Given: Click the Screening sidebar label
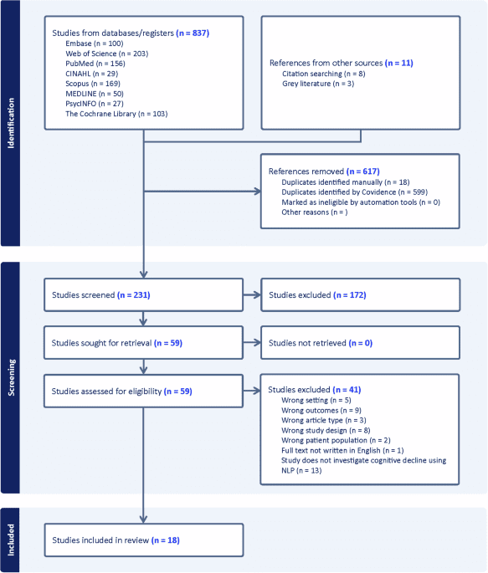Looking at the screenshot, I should pos(11,377).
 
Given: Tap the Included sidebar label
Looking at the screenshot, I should pos(11,540).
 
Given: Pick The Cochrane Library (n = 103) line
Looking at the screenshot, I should pos(116,113).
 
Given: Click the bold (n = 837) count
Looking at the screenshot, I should pos(193,33).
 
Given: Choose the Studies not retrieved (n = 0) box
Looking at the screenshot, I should pos(360,342).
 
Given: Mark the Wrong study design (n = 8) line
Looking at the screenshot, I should pos(323,430).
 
